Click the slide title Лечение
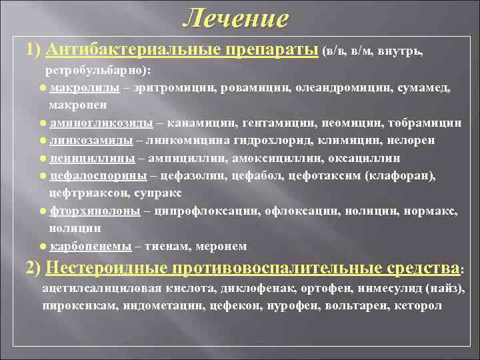coord(236,18)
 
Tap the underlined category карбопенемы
coord(91,246)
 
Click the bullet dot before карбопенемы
coord(43,246)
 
